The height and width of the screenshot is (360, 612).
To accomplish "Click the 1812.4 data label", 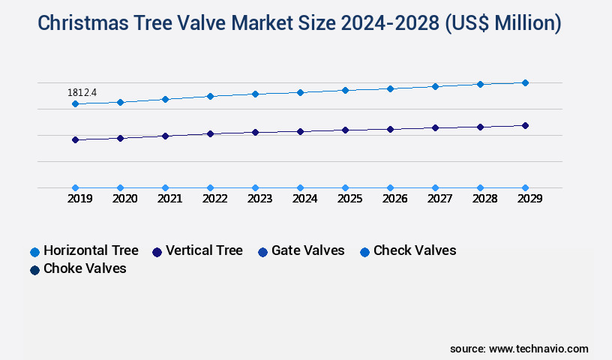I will [82, 93].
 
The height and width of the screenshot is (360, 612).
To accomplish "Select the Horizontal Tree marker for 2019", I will [75, 104].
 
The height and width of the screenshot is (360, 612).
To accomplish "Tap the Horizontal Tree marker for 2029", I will [525, 82].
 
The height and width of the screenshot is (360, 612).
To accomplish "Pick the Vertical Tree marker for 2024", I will [300, 132].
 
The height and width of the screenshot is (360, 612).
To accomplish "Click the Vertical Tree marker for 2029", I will [525, 125].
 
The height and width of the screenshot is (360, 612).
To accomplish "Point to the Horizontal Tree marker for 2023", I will [255, 94].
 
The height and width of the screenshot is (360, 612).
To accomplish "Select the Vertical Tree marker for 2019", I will [75, 139].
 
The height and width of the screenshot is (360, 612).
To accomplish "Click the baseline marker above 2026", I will [390, 187].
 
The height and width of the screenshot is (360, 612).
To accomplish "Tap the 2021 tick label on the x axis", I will [169, 199].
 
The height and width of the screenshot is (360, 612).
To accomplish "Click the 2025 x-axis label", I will [349, 199].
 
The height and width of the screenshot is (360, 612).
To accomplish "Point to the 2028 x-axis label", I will [484, 199].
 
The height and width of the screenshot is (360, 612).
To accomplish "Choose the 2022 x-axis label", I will [214, 199].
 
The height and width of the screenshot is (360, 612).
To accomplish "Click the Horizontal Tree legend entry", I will [84, 250].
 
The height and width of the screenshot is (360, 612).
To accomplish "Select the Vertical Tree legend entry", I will [197, 250].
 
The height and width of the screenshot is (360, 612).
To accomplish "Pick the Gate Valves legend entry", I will [301, 250].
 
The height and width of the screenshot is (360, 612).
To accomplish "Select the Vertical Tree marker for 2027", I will [435, 127].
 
